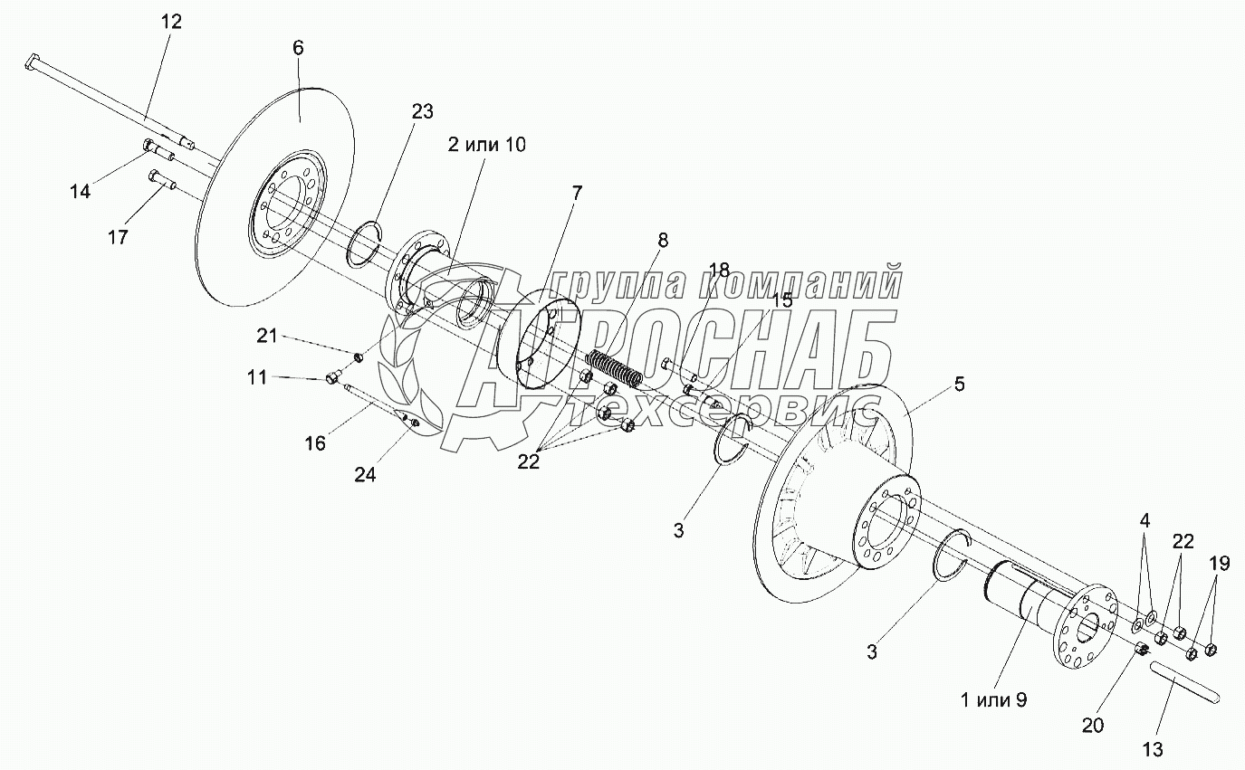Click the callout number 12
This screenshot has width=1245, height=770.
(172, 23)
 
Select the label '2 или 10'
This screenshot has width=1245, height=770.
(486, 145)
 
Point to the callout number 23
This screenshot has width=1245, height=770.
(423, 112)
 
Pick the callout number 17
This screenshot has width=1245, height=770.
(117, 237)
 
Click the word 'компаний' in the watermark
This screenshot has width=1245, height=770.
(800, 284)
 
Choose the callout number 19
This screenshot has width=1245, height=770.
(1219, 565)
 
